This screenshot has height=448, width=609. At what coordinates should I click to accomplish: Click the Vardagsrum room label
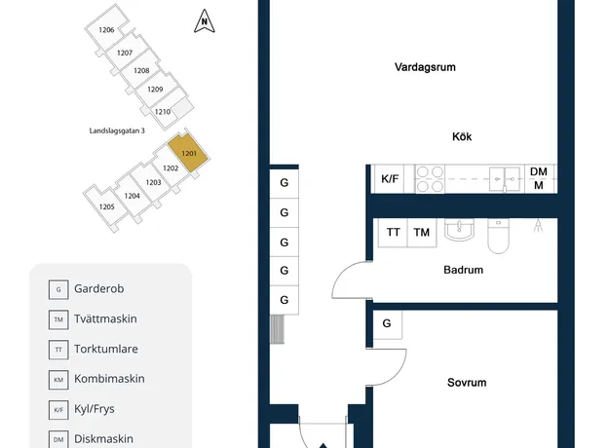tap(425, 67)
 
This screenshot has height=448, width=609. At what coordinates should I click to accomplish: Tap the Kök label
tap(462, 136)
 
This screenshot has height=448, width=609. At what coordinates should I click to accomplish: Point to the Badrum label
tap(464, 270)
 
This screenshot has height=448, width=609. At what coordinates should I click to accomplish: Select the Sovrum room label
tap(467, 383)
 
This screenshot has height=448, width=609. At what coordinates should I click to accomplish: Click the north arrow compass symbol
tap(205, 21)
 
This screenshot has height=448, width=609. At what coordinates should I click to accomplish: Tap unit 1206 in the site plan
tap(106, 30)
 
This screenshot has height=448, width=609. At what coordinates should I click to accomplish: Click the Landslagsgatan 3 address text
tap(117, 131)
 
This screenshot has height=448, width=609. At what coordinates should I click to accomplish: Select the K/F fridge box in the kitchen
tap(389, 179)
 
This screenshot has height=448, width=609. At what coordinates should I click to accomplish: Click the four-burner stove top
tap(430, 179)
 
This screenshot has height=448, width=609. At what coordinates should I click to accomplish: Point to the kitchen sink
tap(504, 179)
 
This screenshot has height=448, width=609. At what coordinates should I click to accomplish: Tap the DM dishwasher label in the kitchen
tap(538, 171)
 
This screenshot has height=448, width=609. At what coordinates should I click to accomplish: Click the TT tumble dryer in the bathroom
tap(393, 232)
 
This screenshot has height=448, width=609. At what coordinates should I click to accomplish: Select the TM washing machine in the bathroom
tap(422, 232)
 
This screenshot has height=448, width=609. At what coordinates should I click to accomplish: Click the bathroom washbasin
tap(459, 230)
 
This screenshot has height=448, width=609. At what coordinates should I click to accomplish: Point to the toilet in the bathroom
tap(498, 236)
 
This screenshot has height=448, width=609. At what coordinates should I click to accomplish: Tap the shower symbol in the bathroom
tap(538, 226)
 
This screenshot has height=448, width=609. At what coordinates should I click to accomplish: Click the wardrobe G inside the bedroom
tap(387, 323)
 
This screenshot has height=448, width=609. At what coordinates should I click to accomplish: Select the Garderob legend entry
tap(86, 289)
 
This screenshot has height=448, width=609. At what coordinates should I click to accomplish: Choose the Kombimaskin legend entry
tap(96, 379)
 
